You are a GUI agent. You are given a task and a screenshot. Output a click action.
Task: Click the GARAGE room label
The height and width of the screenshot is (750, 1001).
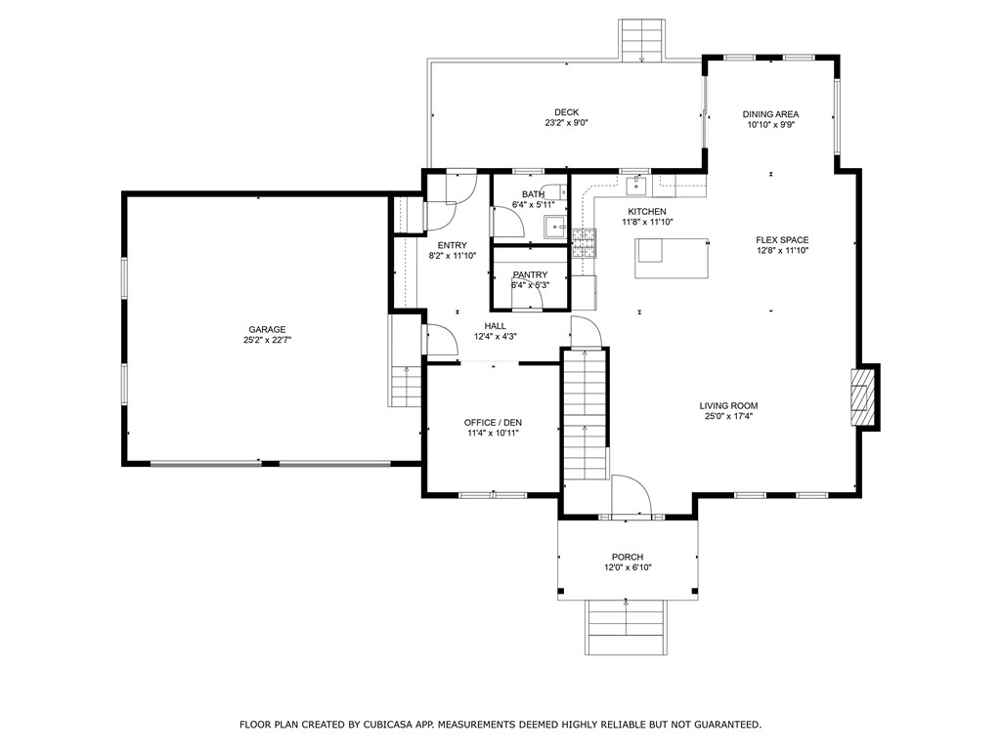[x=267, y=330]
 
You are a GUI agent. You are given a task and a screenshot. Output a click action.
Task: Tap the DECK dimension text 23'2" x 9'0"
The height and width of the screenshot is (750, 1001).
[x=566, y=123]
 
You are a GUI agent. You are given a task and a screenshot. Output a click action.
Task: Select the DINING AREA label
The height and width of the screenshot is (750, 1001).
[x=770, y=114]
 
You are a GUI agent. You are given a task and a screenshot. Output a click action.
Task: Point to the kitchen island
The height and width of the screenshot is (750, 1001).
[x=672, y=258]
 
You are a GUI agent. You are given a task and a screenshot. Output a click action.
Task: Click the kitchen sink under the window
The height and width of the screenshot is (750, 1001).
[x=636, y=187]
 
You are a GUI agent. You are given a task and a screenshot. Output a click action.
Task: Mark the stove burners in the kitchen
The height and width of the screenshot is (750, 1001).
[x=584, y=243]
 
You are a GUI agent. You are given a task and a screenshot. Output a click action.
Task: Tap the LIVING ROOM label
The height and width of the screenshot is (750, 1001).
[x=728, y=405]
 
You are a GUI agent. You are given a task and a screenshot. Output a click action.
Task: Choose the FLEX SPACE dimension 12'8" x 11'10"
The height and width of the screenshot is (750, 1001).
[x=782, y=251]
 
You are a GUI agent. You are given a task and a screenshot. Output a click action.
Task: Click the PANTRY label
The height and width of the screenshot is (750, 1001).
[x=530, y=274]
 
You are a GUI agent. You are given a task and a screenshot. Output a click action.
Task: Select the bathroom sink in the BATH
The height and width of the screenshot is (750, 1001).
[x=555, y=227]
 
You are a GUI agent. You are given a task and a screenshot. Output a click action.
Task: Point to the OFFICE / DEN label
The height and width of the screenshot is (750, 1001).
[x=493, y=422]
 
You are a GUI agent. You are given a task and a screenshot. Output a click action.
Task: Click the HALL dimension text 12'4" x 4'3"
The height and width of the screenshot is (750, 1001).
[x=495, y=337]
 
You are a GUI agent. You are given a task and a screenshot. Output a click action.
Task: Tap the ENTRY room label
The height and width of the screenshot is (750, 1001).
[x=452, y=245]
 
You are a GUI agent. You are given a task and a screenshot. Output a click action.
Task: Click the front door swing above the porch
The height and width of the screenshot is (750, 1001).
[x=631, y=495]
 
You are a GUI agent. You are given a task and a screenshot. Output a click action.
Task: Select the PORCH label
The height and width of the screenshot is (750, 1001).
[x=628, y=557]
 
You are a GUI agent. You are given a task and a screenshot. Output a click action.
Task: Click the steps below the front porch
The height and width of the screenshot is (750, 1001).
[x=627, y=627]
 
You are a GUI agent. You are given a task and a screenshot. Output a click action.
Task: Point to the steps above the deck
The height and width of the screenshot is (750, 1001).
[x=641, y=39]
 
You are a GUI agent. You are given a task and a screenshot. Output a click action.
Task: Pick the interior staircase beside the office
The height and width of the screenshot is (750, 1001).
[x=585, y=414]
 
